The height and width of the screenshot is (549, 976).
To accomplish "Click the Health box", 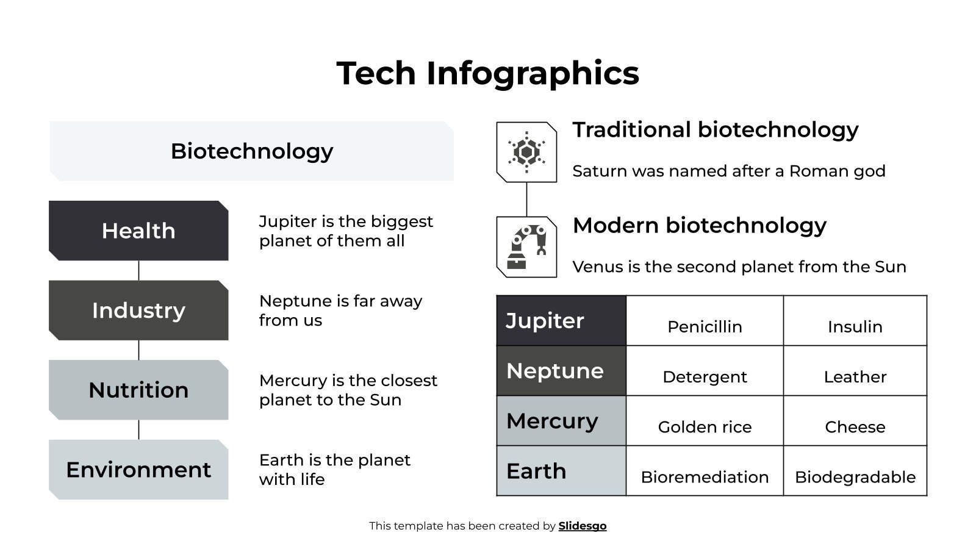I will tap(138, 231).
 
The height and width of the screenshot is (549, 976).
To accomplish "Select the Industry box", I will tap(138, 310).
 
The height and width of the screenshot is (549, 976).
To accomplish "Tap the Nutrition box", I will tap(138, 390).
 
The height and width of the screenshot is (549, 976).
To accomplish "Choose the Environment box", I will tap(138, 470).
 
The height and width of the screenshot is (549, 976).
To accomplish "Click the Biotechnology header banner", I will tap(251, 151).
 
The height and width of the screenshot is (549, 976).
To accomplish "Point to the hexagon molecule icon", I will tap(526, 152).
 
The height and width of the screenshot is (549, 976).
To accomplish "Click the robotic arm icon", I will tap(526, 247).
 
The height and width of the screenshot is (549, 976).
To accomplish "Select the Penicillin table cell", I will tap(705, 321).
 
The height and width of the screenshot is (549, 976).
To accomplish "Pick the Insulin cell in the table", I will tap(855, 321).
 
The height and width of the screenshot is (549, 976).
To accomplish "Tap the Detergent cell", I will tap(705, 371).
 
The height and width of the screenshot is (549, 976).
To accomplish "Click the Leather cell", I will tap(855, 371).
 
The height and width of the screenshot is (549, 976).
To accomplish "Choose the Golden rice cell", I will tap(705, 421).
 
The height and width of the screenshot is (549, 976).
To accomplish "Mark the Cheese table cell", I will tap(855, 421).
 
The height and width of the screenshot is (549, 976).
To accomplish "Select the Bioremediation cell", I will tap(705, 471).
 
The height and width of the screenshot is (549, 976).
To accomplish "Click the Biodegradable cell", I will tap(855, 471).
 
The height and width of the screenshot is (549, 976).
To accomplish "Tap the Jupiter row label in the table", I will tap(561, 321).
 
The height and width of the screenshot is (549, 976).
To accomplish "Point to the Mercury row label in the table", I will tap(561, 421).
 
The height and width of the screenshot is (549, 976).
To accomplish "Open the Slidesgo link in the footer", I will tap(583, 526).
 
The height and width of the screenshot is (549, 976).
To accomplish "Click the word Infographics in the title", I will tap(533, 73).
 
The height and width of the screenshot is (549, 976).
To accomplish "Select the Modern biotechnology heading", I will tap(699, 226).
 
